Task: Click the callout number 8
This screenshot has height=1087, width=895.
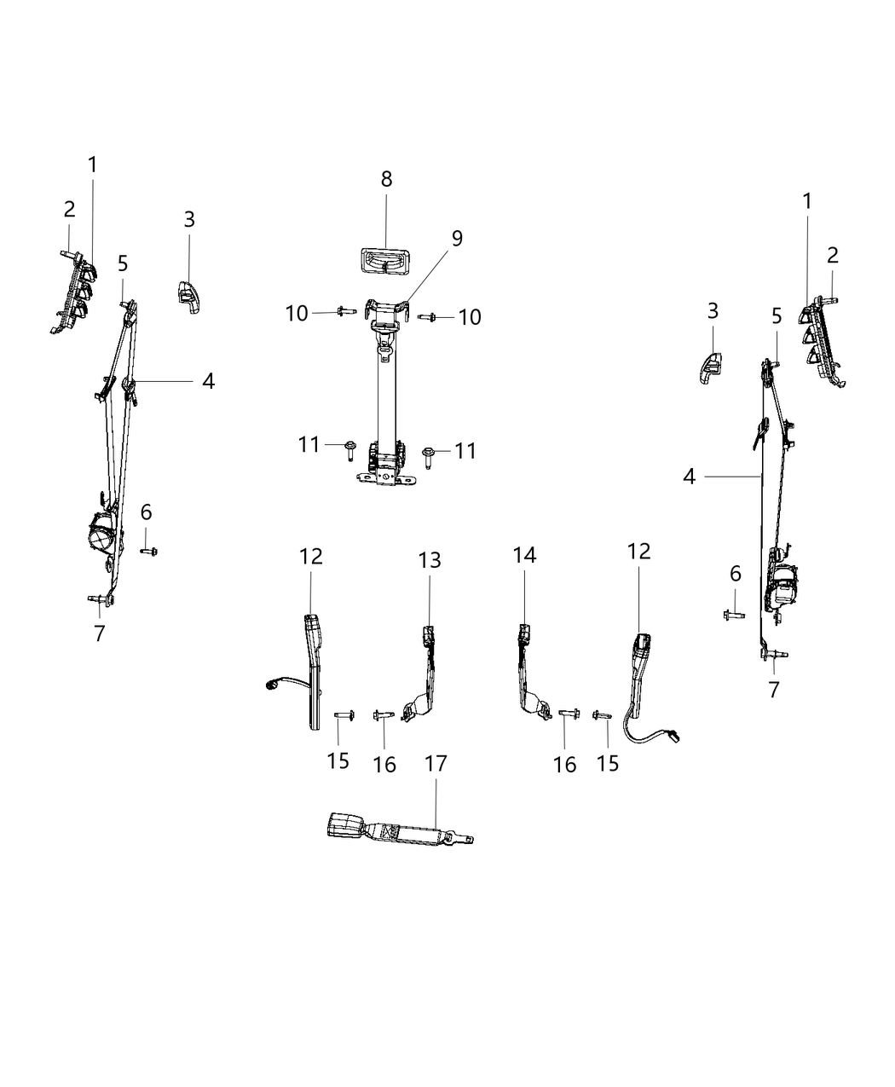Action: (x=386, y=179)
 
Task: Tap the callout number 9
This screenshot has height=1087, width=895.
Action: (x=457, y=238)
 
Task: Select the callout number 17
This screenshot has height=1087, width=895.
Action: (x=436, y=763)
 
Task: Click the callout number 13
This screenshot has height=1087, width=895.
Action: (x=430, y=559)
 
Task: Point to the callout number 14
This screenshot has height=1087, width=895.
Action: (x=524, y=555)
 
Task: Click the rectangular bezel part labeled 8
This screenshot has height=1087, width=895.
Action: (x=384, y=262)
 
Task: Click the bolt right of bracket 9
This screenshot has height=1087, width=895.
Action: (x=429, y=317)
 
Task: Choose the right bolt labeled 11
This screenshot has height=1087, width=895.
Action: (x=431, y=452)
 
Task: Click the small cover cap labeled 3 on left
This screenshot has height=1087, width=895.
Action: (x=188, y=295)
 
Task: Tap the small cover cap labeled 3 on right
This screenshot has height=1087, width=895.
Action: (x=711, y=367)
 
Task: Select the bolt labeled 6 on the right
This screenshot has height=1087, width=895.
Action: (x=733, y=613)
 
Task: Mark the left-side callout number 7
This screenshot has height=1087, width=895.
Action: (x=100, y=633)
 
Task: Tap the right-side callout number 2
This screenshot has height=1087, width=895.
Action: (x=832, y=254)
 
